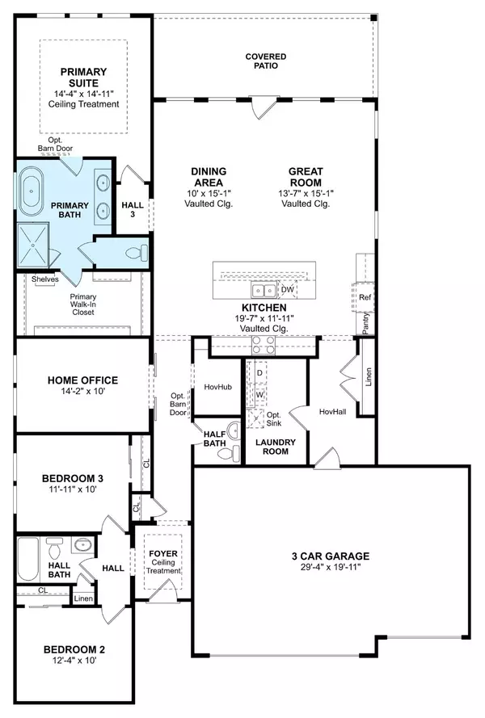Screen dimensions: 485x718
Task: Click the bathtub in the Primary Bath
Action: pos(32,192)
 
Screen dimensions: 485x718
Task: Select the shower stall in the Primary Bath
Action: pos(33,245)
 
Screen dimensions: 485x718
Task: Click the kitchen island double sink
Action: pos(264,290)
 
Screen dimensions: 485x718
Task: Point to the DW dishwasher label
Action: pos(288,289)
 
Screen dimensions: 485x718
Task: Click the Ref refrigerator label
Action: pos(365,297)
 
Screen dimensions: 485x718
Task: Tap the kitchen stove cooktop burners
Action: pos(264,345)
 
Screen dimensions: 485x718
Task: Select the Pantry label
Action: pos(365,323)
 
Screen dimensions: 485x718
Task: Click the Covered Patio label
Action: pos(266,61)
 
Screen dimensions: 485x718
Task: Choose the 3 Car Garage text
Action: pos(331,556)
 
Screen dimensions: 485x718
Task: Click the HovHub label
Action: pos(217,387)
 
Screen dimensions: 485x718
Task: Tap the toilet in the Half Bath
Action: pos(230,454)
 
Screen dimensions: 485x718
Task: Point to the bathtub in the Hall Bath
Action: pos(28,559)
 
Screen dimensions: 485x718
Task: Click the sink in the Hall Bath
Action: pos(83,545)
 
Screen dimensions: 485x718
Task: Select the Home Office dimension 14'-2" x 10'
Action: pos(83,391)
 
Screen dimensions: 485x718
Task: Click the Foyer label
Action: pos(163,553)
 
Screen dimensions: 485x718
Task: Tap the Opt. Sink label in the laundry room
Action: pos(274,419)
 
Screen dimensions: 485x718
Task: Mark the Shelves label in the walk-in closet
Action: pos(45,279)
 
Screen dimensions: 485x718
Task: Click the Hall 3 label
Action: pos(133,209)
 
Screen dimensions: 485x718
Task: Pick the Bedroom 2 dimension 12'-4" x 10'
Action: pos(74,661)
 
